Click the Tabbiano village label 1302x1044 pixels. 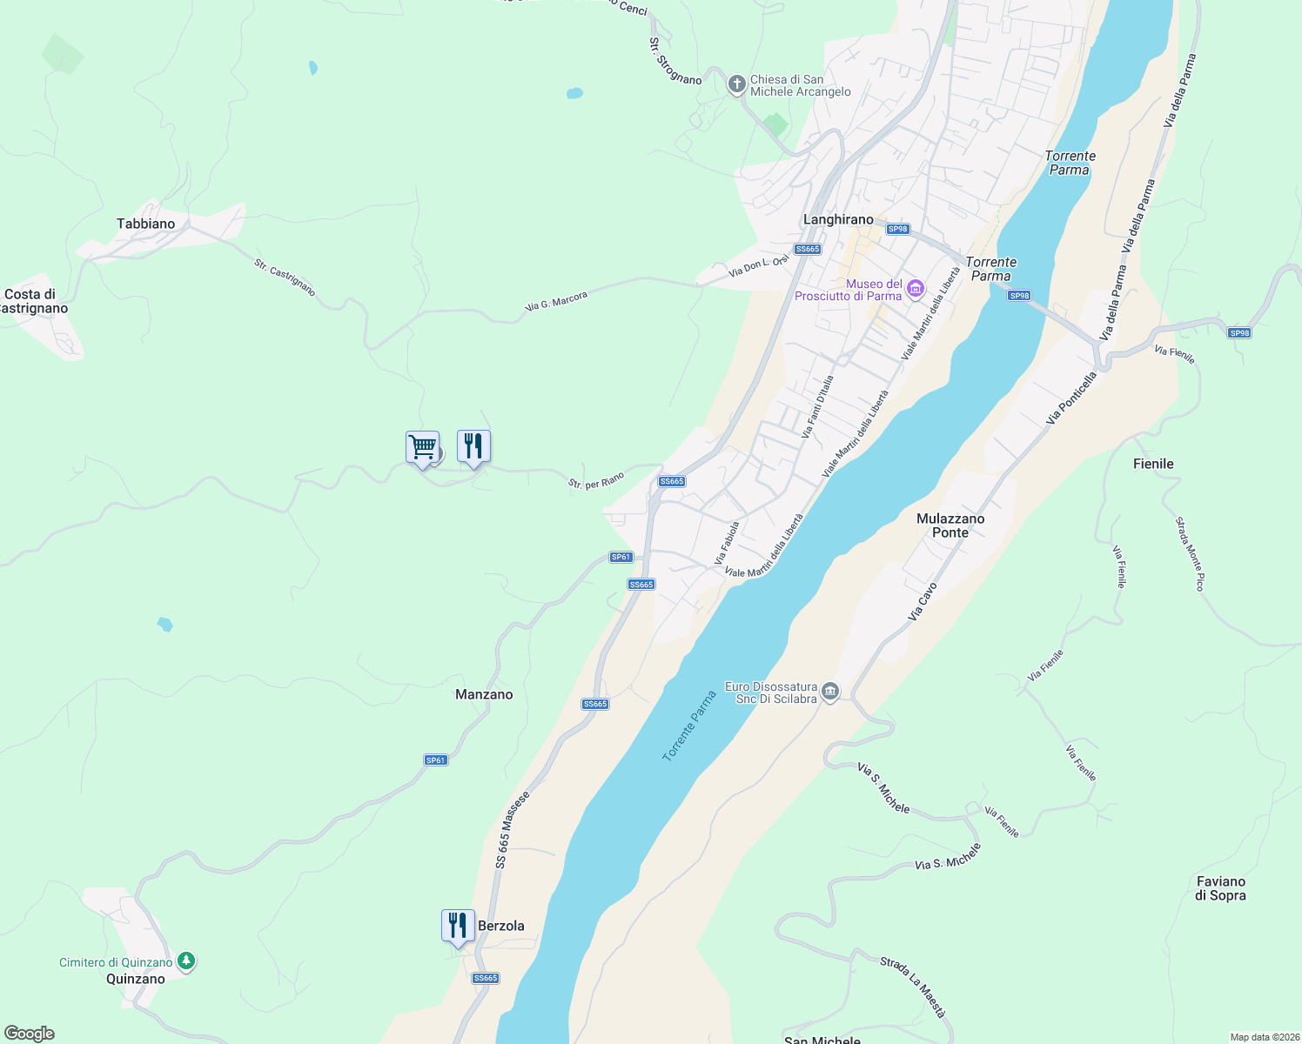[x=145, y=224]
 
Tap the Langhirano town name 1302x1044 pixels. [x=838, y=219]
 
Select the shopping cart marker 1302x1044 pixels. [x=422, y=448]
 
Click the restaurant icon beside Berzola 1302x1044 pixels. [x=457, y=926]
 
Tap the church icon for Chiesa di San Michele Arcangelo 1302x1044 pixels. [x=736, y=84]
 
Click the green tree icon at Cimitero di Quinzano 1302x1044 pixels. [x=185, y=961]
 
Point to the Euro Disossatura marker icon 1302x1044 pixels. [x=830, y=693]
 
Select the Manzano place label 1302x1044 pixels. [x=484, y=694]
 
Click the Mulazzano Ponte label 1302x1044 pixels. [x=950, y=525]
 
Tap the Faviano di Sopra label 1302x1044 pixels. [x=1220, y=888]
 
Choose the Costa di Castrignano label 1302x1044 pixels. [x=33, y=301]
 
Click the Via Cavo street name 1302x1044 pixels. [x=923, y=601]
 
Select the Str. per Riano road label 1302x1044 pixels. [x=596, y=480]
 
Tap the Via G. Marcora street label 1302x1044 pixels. [x=557, y=301]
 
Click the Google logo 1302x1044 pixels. [x=30, y=1034]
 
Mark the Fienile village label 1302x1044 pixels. [x=1153, y=464]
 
